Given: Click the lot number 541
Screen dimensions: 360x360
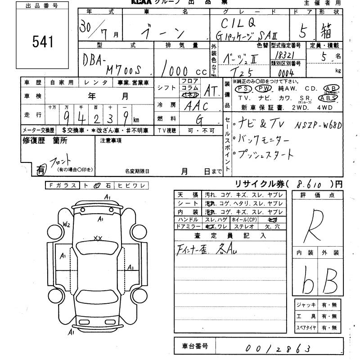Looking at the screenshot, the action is pyautogui.click(x=43, y=41).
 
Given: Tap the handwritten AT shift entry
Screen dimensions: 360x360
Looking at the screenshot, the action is pyautogui.click(x=209, y=91).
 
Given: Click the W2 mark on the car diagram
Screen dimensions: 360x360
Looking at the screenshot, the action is pyautogui.click(x=67, y=224).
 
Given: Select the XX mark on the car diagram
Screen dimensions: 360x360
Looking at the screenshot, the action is pyautogui.click(x=98, y=238).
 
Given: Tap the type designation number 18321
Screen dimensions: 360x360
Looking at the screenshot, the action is pyautogui.click(x=282, y=53).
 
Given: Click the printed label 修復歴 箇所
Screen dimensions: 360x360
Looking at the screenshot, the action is pyautogui.click(x=45, y=140).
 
